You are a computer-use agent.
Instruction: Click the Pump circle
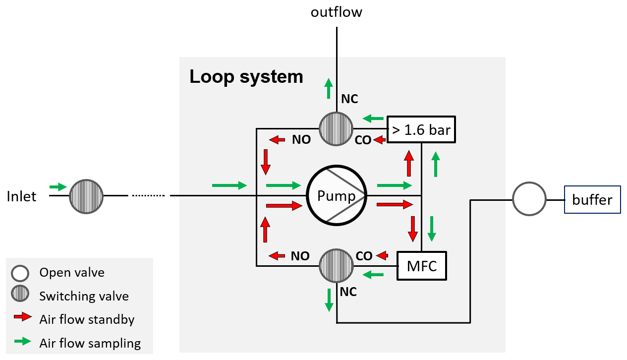pos(337,196)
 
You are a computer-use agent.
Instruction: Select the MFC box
pos(422,266)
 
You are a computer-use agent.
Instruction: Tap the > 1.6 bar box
pos(421,130)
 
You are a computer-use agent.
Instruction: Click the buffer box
pos(592,200)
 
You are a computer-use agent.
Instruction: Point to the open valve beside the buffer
pos(529,200)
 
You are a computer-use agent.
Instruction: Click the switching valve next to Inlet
pos(86,196)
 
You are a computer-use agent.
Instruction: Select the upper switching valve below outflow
pos(336,128)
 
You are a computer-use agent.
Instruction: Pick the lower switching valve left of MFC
pos(336,266)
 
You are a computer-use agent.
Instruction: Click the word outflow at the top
pos(337,12)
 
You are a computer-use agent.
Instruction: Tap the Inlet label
pos(22,197)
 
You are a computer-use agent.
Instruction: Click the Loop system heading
pos(246,77)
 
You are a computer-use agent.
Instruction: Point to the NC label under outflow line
pos(349,99)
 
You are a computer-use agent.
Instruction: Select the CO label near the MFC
pos(364,256)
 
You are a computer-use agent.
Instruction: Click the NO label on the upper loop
pos(301,140)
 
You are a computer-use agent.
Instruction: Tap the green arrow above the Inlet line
pos(58,187)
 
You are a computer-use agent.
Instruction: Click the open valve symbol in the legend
pos(20,273)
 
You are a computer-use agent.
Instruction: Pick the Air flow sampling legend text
pos(90,343)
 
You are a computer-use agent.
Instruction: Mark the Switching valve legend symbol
pos(20,295)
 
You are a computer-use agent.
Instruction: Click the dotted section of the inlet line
pos(148,196)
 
